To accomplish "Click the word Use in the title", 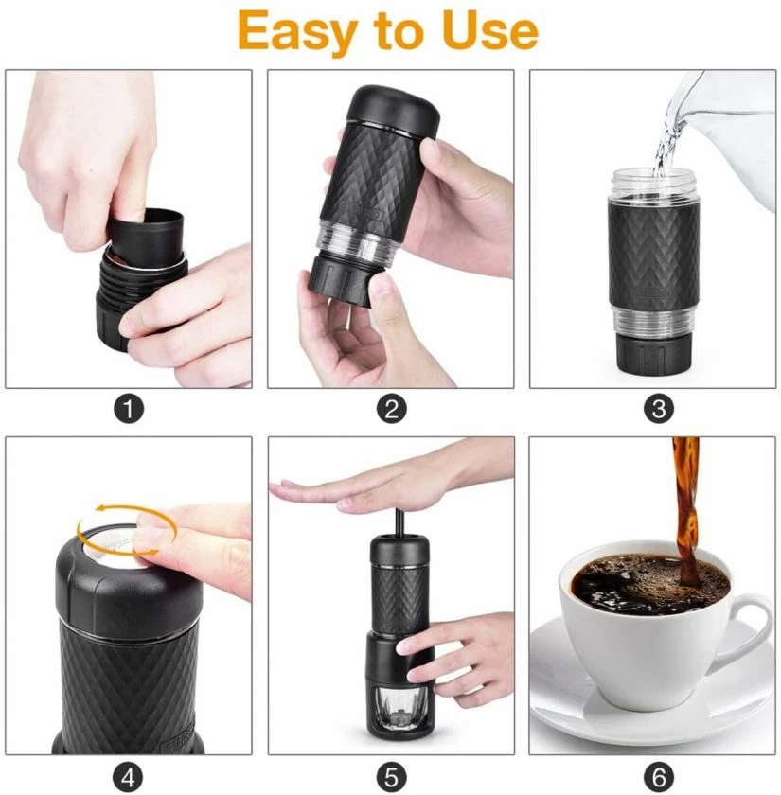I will click(x=491, y=30).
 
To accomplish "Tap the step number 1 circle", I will click(x=129, y=409).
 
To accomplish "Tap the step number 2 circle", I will click(x=391, y=409).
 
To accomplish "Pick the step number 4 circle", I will click(x=129, y=775).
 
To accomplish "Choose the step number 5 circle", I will click(x=391, y=775).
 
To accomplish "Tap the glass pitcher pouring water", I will click(x=729, y=123).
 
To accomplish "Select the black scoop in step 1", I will click(x=147, y=241).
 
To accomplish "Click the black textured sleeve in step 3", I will click(x=653, y=256).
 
